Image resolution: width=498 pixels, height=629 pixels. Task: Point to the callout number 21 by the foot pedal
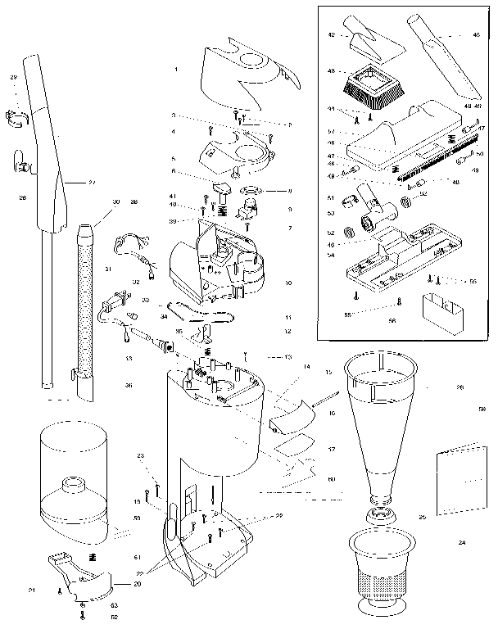(x=32, y=591)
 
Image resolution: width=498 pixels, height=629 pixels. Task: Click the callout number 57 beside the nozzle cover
(x=331, y=131)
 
